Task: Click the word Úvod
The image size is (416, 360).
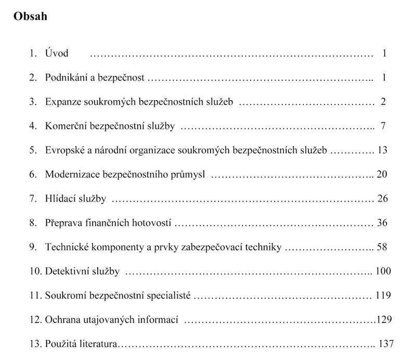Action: [57, 53]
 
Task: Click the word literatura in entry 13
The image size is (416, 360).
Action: [100, 344]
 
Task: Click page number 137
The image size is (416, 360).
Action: [387, 344]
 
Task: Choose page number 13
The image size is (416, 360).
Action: [383, 150]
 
